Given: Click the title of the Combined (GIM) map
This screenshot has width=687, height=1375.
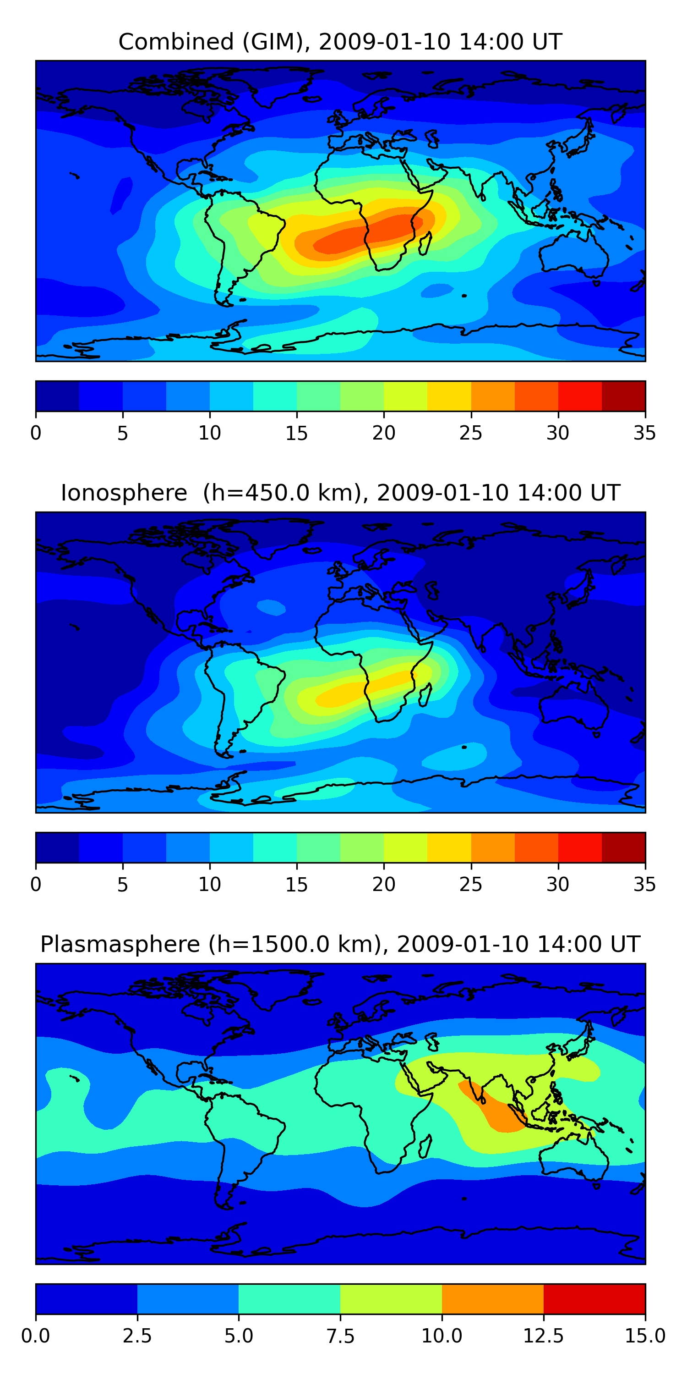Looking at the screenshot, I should [340, 42].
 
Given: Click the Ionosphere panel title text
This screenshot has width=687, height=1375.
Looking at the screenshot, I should [340, 493].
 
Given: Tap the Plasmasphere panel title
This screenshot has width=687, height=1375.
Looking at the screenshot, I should [340, 944].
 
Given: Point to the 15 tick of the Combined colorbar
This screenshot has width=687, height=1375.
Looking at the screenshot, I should [297, 433].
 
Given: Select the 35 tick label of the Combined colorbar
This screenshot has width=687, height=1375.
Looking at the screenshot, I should [644, 433].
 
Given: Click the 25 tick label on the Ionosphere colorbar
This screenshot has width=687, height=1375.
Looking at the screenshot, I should [470, 885].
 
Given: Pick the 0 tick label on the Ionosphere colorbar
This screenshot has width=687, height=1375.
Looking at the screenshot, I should [36, 885].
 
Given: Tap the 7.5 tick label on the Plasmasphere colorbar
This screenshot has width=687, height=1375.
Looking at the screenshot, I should [340, 1336].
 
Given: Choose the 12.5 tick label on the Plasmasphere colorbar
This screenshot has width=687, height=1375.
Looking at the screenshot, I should [543, 1336].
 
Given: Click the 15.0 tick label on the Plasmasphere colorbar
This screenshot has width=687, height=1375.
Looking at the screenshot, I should [644, 1336].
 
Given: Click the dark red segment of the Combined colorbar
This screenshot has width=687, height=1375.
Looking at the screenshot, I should [623, 396].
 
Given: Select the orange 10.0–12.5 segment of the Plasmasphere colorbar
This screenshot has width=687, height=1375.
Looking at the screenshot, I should [492, 1298].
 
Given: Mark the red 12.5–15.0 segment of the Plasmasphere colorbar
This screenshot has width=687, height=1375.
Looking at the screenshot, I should [594, 1298].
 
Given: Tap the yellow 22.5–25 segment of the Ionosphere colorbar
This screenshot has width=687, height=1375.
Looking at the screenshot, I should [449, 847].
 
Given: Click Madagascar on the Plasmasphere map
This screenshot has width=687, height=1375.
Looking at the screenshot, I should [425, 1146].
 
